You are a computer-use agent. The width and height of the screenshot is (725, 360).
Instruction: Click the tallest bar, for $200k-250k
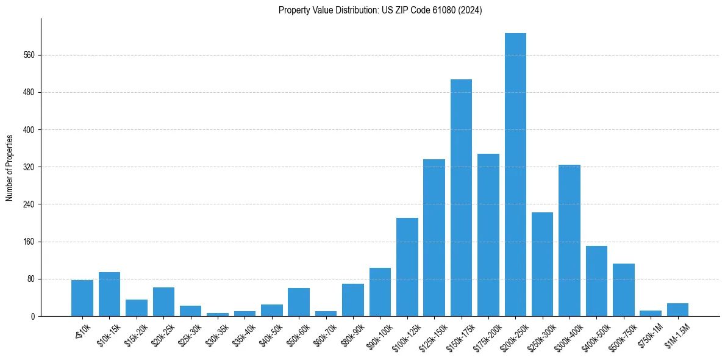pyautogui.click(x=515, y=175)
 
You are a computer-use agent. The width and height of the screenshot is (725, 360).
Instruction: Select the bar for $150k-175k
pyautogui.click(x=461, y=198)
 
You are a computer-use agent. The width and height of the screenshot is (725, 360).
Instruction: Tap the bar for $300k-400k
pyautogui.click(x=570, y=240)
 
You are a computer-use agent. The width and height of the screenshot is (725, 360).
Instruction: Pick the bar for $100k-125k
pyautogui.click(x=407, y=267)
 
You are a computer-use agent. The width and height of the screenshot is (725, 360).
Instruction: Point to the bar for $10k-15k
pyautogui.click(x=109, y=294)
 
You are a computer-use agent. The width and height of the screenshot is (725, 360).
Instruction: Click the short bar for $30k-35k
pyautogui.click(x=218, y=314)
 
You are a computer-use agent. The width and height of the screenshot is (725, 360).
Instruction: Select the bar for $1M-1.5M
pyautogui.click(x=677, y=310)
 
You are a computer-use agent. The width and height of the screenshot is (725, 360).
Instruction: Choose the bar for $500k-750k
pyautogui.click(x=624, y=290)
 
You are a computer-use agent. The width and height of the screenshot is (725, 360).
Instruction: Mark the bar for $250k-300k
pyautogui.click(x=542, y=264)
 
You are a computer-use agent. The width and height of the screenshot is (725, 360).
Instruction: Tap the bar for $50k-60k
pyautogui.click(x=299, y=302)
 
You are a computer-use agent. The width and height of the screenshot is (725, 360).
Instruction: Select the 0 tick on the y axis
pyautogui.click(x=33, y=317)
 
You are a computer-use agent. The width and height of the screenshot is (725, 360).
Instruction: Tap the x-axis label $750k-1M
pyautogui.click(x=651, y=335)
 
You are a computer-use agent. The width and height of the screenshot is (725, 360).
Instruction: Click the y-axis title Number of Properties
pyautogui.click(x=10, y=167)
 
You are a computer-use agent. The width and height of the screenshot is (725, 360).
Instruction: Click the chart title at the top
pyautogui.click(x=380, y=10)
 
